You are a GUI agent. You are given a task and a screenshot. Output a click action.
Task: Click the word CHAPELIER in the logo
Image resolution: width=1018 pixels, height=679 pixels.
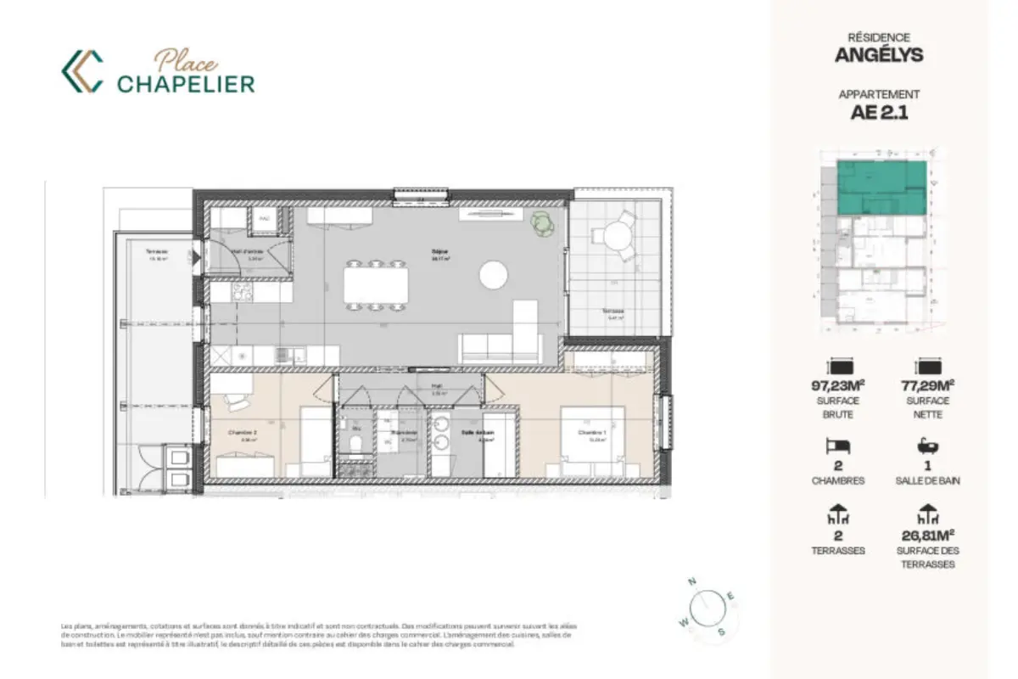coord(186,83)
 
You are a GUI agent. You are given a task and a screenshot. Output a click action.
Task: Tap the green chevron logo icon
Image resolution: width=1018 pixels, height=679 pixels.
coord(82,71)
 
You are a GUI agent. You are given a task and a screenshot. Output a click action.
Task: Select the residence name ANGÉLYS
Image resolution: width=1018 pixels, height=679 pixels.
coord(879,56)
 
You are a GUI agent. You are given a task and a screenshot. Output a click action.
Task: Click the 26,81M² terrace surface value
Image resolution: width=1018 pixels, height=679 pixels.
coord(926,535)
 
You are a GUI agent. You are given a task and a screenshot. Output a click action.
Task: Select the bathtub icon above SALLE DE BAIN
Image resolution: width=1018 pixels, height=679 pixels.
coord(926,445)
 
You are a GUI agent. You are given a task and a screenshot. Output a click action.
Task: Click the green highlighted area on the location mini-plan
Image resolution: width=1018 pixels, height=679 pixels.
coord(881,187)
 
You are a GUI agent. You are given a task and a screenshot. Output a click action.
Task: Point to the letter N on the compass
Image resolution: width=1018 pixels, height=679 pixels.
coord(692,582)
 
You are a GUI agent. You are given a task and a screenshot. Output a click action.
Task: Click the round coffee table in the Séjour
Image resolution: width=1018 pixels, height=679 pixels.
coord(493,274)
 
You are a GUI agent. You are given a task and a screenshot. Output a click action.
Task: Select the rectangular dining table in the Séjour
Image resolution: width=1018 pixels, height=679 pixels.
coord(375,284)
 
